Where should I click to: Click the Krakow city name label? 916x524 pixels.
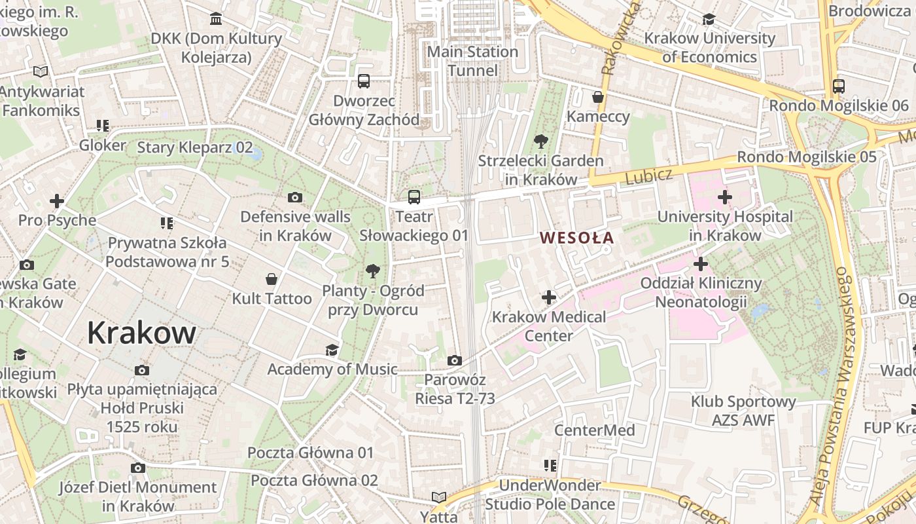(x=141, y=333)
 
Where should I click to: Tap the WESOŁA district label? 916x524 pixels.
(x=577, y=238)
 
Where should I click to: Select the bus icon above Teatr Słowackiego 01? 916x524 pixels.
(x=414, y=197)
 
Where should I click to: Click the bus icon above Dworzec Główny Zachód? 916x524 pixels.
(x=364, y=81)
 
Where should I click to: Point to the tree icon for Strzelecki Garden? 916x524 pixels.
(x=540, y=141)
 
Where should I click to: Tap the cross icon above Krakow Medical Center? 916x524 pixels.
(x=549, y=298)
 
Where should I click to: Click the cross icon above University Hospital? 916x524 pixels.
(x=724, y=197)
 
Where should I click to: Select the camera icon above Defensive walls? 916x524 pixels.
(x=295, y=198)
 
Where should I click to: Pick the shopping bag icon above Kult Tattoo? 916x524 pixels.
(x=272, y=280)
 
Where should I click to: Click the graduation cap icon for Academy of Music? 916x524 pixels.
(x=332, y=350)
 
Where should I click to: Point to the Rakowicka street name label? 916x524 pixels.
(x=614, y=39)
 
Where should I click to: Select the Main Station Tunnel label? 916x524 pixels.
(x=472, y=61)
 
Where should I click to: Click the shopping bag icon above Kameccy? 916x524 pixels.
(x=598, y=98)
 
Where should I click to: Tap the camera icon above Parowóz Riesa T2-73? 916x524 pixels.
(x=454, y=361)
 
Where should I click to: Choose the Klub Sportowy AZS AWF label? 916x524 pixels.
(x=743, y=411)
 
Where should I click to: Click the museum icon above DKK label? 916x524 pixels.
(x=216, y=19)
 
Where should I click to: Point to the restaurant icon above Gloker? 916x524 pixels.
(x=102, y=126)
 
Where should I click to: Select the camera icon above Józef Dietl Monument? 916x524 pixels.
(x=137, y=468)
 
